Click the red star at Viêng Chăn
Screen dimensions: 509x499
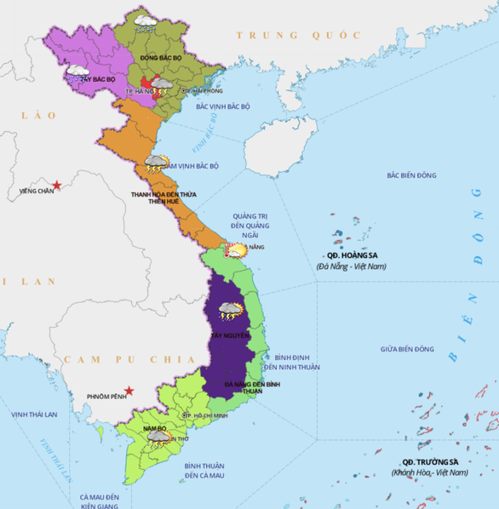tap(56, 185)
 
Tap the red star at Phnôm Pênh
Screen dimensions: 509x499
tap(129, 391)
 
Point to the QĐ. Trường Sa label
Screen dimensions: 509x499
tap(430, 461)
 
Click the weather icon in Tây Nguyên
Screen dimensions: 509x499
tap(230, 312)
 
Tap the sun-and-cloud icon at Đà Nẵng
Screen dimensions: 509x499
tap(235, 249)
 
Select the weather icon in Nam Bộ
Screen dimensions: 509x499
tap(158, 438)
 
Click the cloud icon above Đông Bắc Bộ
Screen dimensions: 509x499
tap(144, 20)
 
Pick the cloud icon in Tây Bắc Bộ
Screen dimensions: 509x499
tap(78, 71)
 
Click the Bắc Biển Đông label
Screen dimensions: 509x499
tap(411, 175)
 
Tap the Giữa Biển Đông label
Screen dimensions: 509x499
tap(407, 349)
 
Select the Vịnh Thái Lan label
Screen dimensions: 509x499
tap(34, 414)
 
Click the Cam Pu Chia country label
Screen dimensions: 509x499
tap(112, 361)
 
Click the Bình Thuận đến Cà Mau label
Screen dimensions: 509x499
tap(204, 471)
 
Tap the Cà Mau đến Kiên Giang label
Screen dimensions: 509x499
tap(101, 500)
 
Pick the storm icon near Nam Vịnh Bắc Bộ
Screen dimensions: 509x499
tap(156, 163)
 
